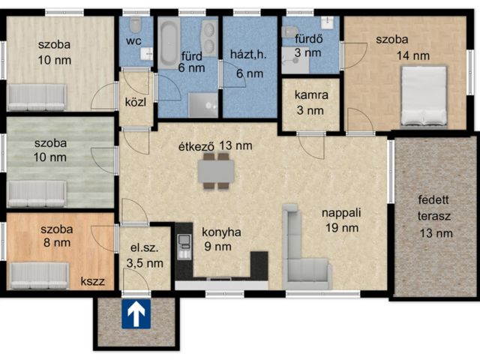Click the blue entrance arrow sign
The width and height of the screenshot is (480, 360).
click(x=136, y=313)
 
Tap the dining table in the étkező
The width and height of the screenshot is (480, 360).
click(x=216, y=171)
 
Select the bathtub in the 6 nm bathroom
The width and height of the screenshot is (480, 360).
click(x=168, y=43)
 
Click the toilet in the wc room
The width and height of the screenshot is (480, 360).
click(x=135, y=25)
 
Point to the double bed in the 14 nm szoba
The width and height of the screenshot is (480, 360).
click(x=424, y=96)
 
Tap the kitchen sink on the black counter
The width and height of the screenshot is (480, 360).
click(x=184, y=241)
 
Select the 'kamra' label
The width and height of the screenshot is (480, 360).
click(x=311, y=95)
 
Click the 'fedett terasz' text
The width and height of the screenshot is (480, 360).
click(x=434, y=208)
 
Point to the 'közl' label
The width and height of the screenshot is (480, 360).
click(x=136, y=102)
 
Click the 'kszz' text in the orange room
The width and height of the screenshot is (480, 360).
click(x=92, y=281)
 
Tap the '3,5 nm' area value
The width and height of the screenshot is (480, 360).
click(x=145, y=263)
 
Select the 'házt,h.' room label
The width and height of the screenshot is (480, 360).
click(x=248, y=55)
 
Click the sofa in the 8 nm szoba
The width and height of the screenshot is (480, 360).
click(x=39, y=275)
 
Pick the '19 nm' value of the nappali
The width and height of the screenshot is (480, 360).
click(x=342, y=228)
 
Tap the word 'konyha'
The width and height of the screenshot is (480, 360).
click(x=221, y=232)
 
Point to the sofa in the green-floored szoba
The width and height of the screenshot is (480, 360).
click(x=37, y=193)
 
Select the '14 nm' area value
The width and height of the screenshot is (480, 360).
click(x=413, y=55)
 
